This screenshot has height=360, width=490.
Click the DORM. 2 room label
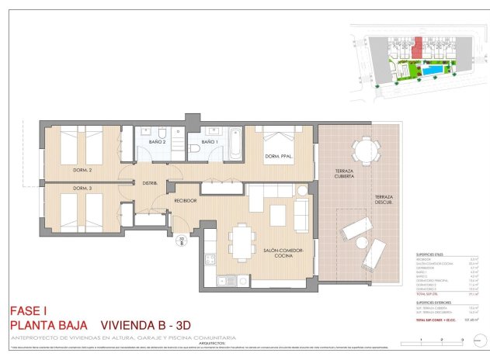(x=84, y=170)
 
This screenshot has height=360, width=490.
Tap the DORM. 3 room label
(x=83, y=189)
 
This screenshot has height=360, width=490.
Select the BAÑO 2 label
(x=158, y=143)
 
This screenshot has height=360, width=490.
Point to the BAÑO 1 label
(x=210, y=143)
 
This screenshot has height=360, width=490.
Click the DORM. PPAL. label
(x=278, y=158)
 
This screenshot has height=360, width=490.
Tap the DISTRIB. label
(x=150, y=183)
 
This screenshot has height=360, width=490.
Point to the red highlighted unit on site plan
(x=417, y=49)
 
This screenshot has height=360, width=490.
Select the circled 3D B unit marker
(x=181, y=241)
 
